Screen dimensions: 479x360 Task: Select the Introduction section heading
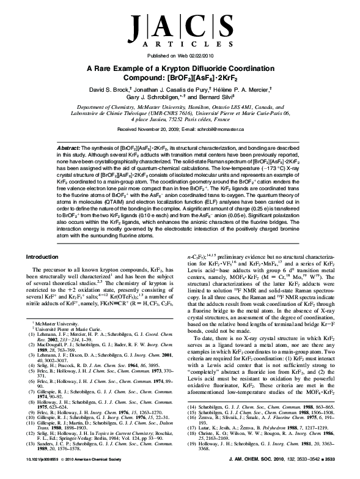coord(48,275)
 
